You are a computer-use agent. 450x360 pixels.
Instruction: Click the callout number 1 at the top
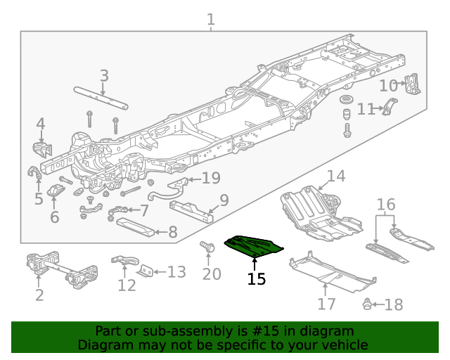211,20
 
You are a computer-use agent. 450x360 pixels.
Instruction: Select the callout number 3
104,75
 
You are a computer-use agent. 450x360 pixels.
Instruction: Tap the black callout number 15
257,279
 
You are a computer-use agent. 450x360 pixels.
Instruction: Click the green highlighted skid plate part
253,245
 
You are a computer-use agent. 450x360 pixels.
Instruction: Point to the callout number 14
336,176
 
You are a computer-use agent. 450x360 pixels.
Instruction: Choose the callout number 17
326,304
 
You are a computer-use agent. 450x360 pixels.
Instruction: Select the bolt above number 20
208,247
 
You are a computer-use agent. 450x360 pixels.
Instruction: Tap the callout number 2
39,295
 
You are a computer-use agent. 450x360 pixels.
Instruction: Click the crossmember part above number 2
61,270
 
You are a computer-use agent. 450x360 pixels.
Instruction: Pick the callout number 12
127,285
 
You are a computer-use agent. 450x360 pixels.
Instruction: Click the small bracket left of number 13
146,271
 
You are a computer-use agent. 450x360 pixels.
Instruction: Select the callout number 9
224,200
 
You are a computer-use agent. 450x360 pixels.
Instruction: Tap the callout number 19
211,178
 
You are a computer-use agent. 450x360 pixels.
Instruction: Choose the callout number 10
389,86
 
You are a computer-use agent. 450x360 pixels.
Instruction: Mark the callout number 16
386,205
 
